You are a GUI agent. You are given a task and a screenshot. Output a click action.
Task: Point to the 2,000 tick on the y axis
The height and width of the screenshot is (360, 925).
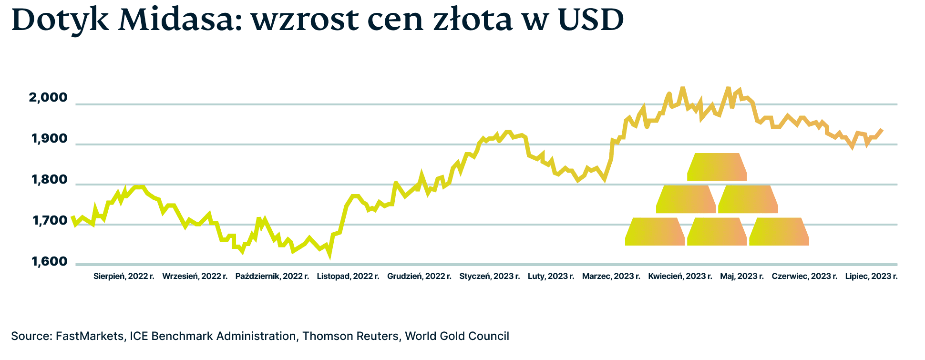pyautogui.click(x=48, y=98)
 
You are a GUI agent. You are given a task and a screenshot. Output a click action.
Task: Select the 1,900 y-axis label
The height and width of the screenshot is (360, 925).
pyautogui.click(x=49, y=139)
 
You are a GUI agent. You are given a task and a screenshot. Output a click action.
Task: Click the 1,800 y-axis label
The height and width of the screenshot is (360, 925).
pyautogui.click(x=49, y=180)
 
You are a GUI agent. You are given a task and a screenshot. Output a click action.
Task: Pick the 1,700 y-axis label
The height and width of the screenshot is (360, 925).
pyautogui.click(x=49, y=221)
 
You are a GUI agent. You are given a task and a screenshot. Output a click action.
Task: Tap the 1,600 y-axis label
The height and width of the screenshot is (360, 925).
pyautogui.click(x=49, y=262)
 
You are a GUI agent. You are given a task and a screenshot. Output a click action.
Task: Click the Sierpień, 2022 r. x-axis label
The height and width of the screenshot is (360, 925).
pyautogui.click(x=124, y=276)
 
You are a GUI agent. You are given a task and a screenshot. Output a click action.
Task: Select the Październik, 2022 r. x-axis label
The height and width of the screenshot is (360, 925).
pyautogui.click(x=272, y=276)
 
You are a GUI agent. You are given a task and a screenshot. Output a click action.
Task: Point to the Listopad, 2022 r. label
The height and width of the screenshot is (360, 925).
pyautogui.click(x=348, y=276)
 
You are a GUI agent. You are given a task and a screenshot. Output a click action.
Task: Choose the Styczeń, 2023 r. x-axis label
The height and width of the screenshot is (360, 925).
pyautogui.click(x=490, y=276)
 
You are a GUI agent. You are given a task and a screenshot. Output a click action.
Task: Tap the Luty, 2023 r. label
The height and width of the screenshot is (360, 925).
pyautogui.click(x=551, y=276)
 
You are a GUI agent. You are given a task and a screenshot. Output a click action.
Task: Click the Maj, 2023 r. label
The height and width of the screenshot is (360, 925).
pyautogui.click(x=742, y=276)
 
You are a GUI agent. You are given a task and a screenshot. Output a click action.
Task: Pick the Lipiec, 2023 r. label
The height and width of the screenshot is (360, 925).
pyautogui.click(x=871, y=276)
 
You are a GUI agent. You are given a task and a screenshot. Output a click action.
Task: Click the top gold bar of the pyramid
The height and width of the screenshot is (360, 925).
pyautogui.click(x=717, y=167)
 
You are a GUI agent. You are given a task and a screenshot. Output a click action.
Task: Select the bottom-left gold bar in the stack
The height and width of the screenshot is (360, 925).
pyautogui.click(x=655, y=232)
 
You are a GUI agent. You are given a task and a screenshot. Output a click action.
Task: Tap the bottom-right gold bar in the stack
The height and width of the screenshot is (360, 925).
pyautogui.click(x=779, y=232)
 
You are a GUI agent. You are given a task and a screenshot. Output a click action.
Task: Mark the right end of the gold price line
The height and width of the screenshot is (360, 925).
pyautogui.click(x=882, y=130)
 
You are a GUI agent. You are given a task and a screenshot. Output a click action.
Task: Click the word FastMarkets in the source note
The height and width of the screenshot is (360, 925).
pyautogui.click(x=90, y=336)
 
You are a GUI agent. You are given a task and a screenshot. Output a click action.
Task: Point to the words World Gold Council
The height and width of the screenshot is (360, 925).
pyautogui.click(x=457, y=336)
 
